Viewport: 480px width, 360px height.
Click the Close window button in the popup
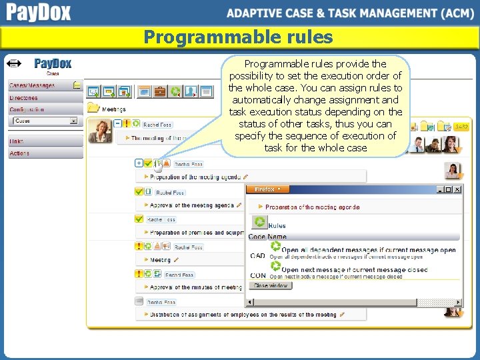271,285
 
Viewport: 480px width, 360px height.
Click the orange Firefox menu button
269,189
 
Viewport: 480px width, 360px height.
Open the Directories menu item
24,97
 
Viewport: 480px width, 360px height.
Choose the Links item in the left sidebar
16,141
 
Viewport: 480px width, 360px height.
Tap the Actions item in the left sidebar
19,153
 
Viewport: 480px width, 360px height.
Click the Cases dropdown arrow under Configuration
73,121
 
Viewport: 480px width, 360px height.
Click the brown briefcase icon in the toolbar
160,91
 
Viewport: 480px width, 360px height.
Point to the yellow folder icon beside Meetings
94,107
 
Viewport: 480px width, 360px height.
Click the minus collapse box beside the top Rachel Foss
117,123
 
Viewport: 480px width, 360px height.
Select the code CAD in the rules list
257,256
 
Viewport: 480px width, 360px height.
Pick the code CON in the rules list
257,275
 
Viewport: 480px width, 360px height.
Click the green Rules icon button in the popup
260,223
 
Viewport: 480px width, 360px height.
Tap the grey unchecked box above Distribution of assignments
139,301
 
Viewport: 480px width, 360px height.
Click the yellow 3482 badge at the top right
461,126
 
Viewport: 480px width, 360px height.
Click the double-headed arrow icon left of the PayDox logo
13,64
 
